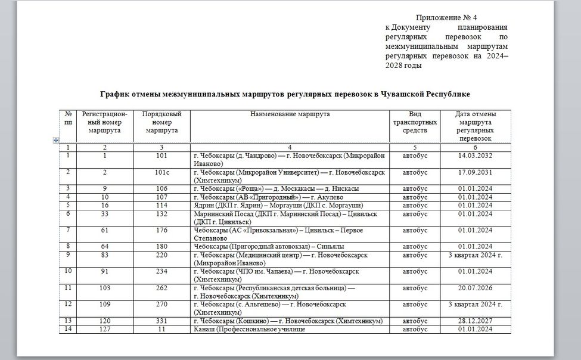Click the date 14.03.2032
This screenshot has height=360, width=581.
(x=476, y=156)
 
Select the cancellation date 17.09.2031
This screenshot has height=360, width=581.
(x=476, y=172)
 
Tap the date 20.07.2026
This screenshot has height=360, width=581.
(x=476, y=288)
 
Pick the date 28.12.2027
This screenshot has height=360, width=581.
(x=476, y=321)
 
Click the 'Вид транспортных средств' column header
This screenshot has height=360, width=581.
(x=415, y=122)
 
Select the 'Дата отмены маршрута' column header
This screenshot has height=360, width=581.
(x=475, y=126)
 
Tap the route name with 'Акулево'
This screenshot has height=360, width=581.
(x=260, y=197)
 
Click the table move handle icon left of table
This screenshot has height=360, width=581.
(x=56, y=140)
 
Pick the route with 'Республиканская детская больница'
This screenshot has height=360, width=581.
(x=274, y=288)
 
